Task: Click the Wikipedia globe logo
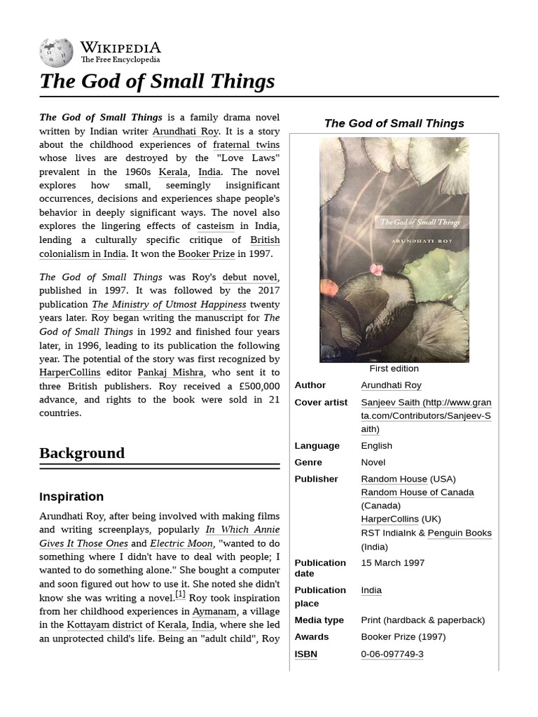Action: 56,52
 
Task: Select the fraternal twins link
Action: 246,144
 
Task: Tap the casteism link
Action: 214,226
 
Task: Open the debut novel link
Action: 250,277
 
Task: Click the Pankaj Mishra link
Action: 170,373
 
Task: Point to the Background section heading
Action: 82,453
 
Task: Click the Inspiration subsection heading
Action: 71,496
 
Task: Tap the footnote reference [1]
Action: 180,595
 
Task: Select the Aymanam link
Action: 214,611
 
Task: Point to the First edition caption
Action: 394,368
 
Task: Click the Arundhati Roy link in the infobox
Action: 391,385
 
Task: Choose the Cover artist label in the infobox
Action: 321,403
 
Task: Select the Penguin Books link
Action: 459,533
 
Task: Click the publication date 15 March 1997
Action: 392,562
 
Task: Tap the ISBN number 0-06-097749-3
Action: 392,654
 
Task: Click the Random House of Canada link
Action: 417,492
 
